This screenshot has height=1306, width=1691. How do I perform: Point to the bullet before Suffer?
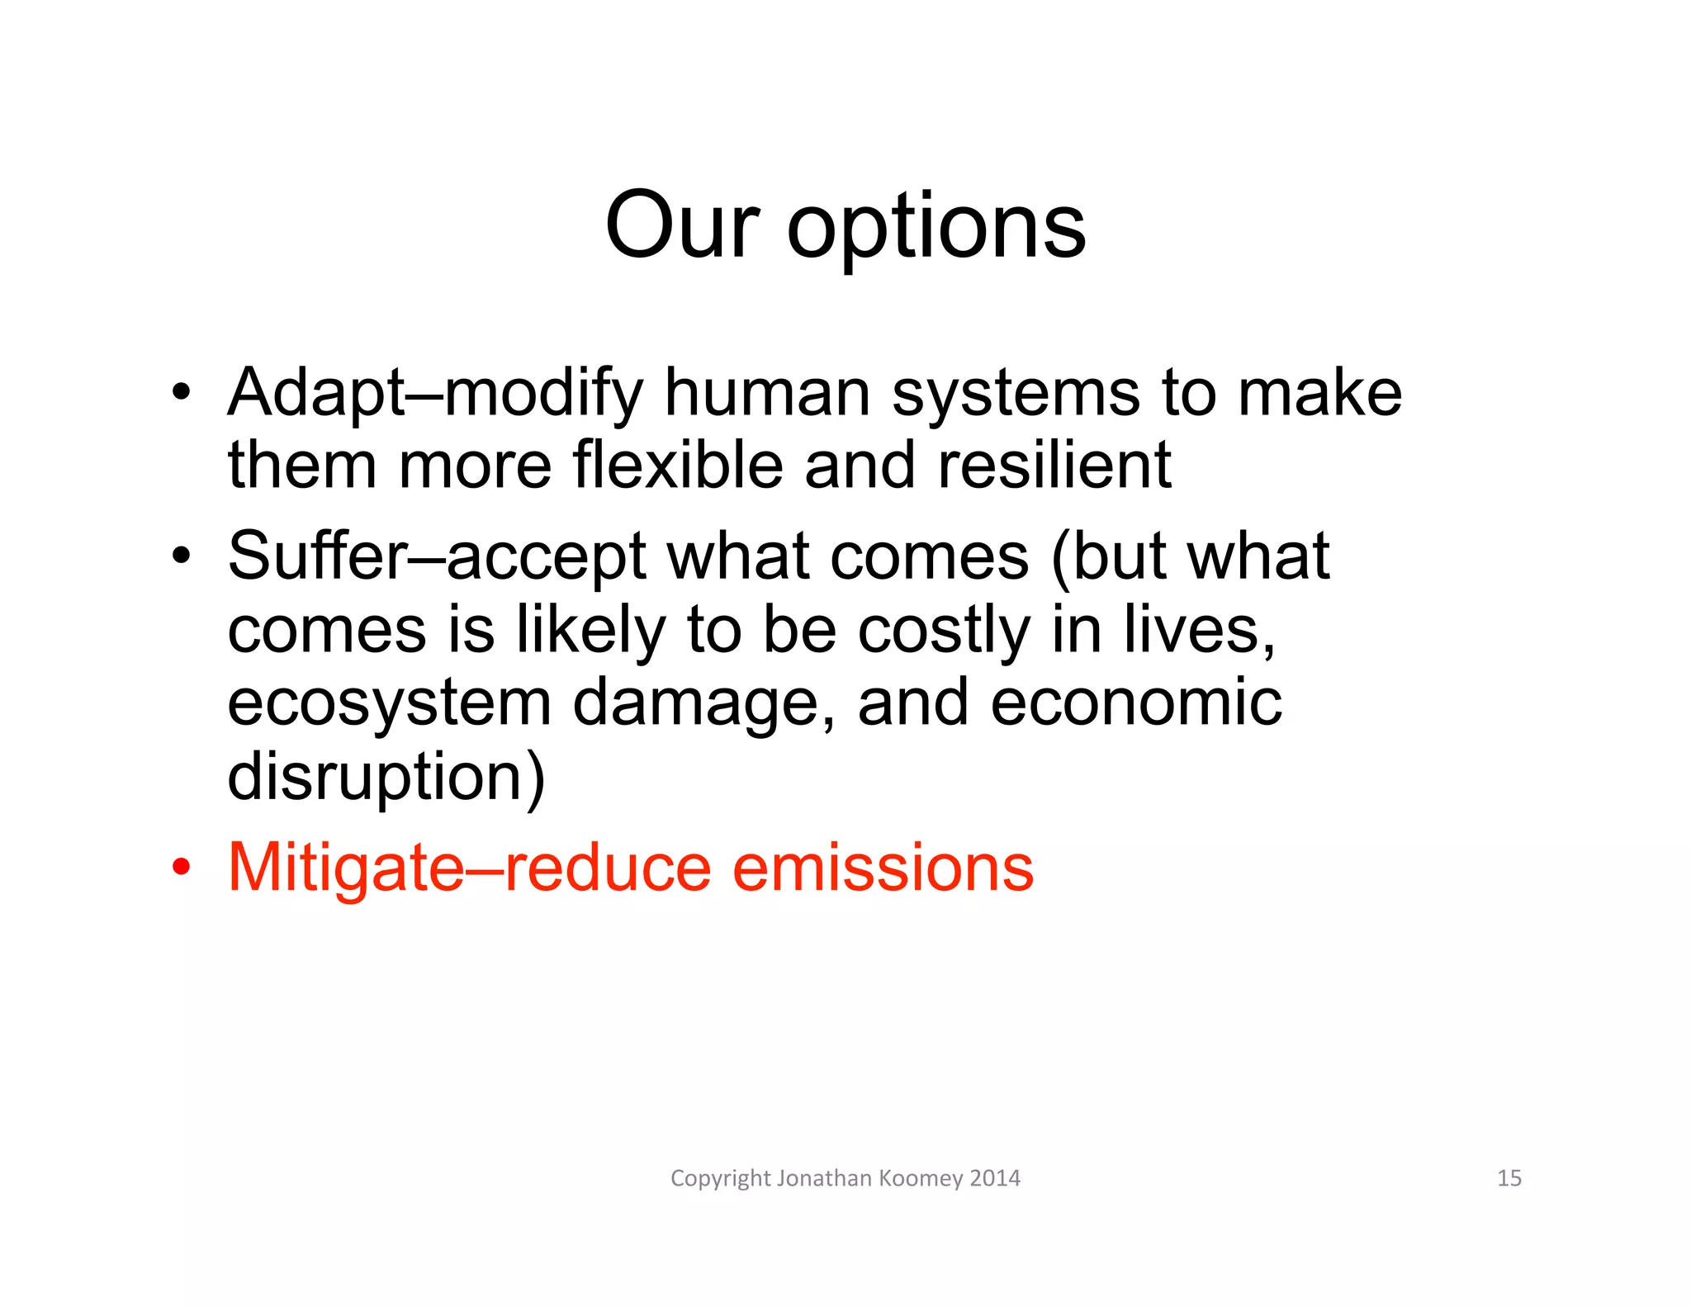click(x=182, y=556)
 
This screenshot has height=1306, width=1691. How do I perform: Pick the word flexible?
click(x=678, y=465)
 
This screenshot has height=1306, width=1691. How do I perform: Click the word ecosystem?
click(x=389, y=704)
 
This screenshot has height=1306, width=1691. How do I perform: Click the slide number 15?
click(x=1509, y=1178)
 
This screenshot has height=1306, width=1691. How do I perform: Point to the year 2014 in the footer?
click(x=995, y=1178)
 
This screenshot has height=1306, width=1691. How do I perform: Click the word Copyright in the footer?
click(x=720, y=1179)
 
